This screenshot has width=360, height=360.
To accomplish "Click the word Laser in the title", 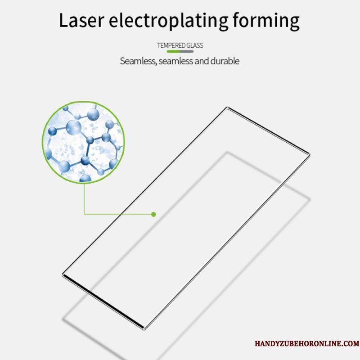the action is pos(82,20).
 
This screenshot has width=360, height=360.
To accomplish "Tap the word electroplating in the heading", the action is pos(168,21).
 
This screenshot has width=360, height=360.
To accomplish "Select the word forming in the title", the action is pos(266,21).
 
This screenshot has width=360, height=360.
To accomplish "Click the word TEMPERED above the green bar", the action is pos(171,45).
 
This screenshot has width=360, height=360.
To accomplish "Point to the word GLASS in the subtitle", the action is pos(195,45).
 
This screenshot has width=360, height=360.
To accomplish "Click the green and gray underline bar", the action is pos(180,51).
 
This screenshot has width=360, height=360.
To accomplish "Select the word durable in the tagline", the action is pos(225,61).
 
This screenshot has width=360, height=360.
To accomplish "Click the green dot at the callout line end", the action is pos(153,214).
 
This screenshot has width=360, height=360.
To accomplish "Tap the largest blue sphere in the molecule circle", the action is pos(74,127).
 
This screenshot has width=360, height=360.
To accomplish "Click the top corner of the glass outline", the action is pos(227,107).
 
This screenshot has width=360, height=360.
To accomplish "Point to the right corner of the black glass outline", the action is pos(310,154).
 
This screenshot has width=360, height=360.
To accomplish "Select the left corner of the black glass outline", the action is pos(63,274).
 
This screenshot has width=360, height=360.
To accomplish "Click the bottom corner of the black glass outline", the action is pos(144,329).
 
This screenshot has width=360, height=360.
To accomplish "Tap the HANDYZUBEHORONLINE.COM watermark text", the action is pos(307,344).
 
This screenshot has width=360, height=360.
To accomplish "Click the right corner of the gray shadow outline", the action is pos(310,199).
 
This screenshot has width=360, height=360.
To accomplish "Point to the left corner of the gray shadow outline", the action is pos(63,319).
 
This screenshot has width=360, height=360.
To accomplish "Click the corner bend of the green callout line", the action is pos(84,214).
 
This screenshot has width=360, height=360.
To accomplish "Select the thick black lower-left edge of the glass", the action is pos(103,301).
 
